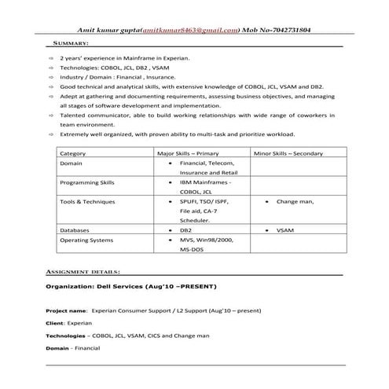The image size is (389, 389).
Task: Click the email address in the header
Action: (x=189, y=30)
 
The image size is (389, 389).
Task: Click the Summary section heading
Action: (x=70, y=44)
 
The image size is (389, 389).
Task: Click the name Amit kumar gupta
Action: (x=105, y=30)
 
